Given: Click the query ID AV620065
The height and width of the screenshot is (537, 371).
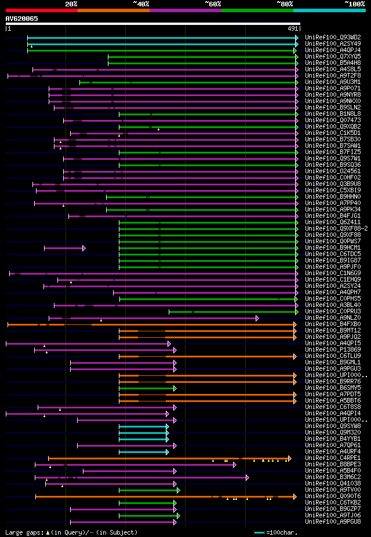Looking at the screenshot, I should [x=22, y=19].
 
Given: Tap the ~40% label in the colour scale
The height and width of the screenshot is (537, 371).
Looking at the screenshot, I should [x=141, y=3].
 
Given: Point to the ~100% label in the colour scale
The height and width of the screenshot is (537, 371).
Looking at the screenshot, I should [x=355, y=3].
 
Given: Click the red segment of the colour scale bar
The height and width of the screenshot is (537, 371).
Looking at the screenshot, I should [x=41, y=10].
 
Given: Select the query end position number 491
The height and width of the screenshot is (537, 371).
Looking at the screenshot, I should [x=293, y=28].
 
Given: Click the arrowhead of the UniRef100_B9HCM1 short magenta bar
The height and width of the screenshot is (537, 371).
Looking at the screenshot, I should [x=84, y=248].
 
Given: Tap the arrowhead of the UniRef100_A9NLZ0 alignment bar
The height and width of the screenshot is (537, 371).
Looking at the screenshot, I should [x=257, y=318].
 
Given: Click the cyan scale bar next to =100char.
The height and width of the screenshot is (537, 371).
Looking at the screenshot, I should [x=259, y=532].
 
